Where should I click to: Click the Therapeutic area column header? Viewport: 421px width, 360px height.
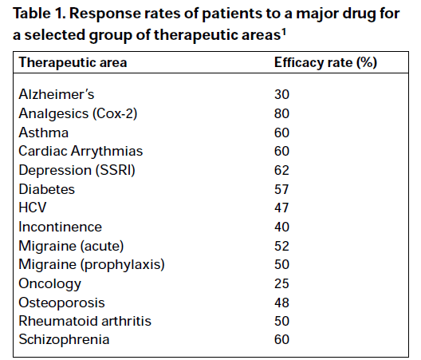coord(73,62)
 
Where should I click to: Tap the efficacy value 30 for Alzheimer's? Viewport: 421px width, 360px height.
coord(281,94)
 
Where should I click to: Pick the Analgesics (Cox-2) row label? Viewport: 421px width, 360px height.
coord(78,113)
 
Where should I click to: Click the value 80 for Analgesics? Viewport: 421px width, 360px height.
coord(281,113)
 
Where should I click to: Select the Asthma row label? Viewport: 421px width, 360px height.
coord(43,133)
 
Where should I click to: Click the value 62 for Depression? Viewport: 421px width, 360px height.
coord(281,170)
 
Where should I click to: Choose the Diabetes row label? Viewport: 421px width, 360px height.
coord(47,189)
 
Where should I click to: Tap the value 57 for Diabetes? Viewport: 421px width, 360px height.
coord(281,189)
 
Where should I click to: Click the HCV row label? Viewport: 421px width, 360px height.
coord(33,208)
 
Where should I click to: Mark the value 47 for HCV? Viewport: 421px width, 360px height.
coord(281,208)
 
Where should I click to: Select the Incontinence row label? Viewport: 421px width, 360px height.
coord(60,227)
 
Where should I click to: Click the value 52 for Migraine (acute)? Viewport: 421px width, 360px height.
coord(281,245)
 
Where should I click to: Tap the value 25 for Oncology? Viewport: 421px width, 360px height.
coord(281,283)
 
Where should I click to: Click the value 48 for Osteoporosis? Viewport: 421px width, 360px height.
coord(281,303)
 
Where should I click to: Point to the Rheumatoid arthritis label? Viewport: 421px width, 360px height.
coord(85,321)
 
